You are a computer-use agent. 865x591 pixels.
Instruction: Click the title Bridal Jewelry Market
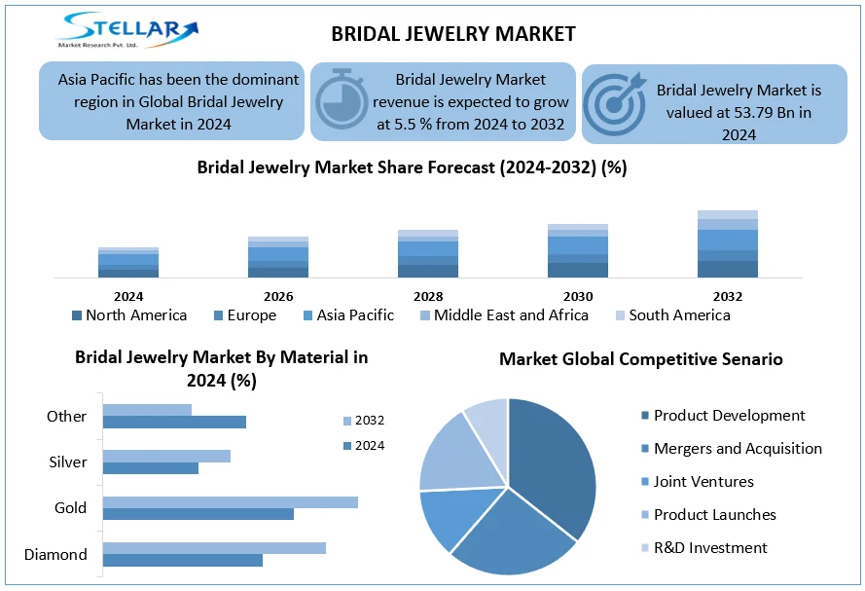click(x=453, y=34)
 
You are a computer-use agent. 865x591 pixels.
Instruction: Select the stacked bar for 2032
click(x=728, y=244)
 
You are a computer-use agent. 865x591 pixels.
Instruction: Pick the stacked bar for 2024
click(x=128, y=263)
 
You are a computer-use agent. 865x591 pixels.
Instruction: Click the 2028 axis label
click(x=428, y=296)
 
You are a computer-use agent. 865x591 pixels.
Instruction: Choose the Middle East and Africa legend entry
click(x=503, y=315)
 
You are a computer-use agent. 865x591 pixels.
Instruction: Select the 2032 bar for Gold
click(x=231, y=501)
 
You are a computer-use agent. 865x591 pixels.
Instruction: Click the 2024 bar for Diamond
click(x=183, y=560)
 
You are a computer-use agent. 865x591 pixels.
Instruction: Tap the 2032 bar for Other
click(x=147, y=410)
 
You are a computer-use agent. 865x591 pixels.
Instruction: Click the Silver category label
click(x=68, y=462)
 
